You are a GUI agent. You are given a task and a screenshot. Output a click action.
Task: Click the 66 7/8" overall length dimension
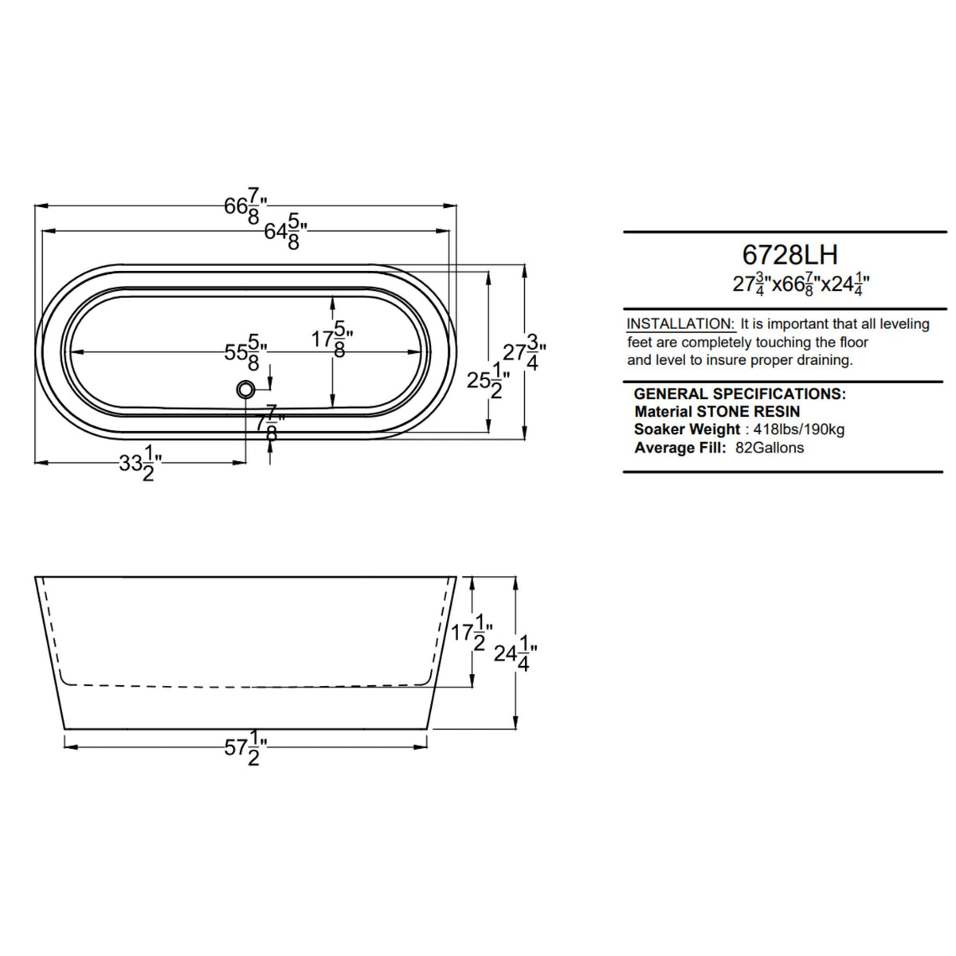245,206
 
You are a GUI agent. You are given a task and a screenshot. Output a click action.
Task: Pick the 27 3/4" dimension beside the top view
524,351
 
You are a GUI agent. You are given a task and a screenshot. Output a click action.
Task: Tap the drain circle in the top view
245,390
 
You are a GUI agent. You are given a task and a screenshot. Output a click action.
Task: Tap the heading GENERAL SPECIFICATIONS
739,394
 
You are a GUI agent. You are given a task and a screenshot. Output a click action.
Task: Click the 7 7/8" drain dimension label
272,423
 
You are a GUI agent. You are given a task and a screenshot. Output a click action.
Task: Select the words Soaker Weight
687,429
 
